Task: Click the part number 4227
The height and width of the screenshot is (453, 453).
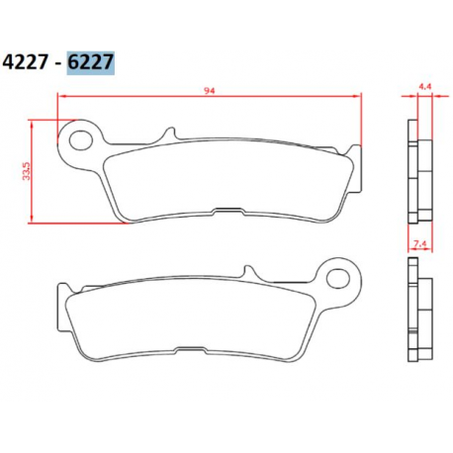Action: pos(29,61)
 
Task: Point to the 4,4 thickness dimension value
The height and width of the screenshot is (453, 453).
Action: pos(425,87)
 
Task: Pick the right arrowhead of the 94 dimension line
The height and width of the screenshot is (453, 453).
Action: pos(355,96)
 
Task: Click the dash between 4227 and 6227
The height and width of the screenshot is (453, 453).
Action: pos(59,62)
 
